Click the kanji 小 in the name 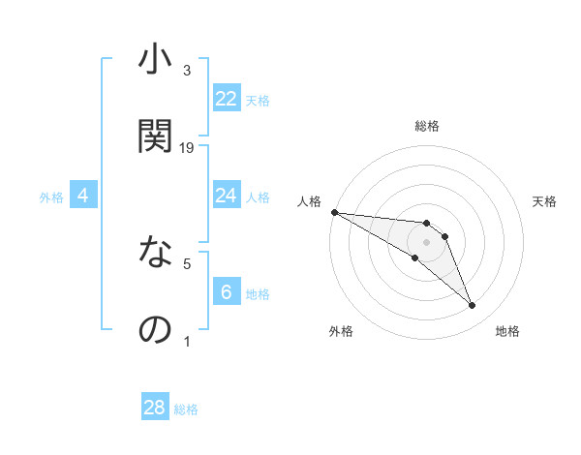coord(154,60)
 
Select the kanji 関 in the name coord(154,136)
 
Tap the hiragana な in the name coord(154,254)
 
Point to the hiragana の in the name coord(154,330)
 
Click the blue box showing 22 coord(227,99)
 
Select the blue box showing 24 coord(227,197)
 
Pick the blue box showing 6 coord(227,293)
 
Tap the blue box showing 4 coord(83,197)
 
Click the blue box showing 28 coord(155,409)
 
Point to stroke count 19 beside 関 coord(187,148)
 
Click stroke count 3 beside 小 coord(187,71)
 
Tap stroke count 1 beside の coord(187,342)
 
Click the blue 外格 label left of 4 coord(51,197)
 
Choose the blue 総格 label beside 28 coord(186,409)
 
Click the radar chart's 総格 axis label coord(427,126)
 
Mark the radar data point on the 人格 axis coord(334,212)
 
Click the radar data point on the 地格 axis coord(473,306)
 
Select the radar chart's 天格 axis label coord(545,201)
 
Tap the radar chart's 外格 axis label coord(341,331)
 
